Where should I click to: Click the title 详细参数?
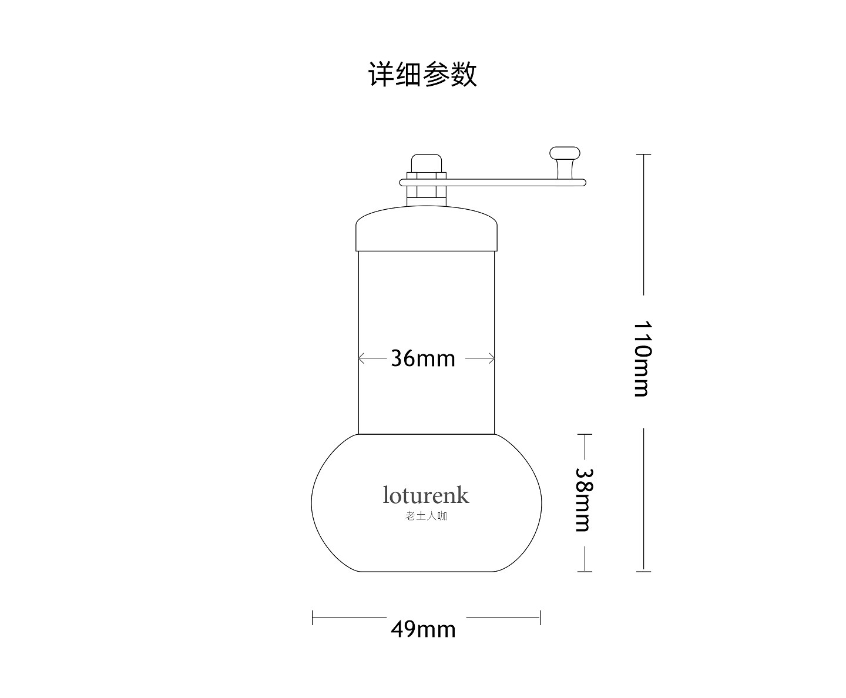tap(422, 75)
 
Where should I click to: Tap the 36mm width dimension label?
tap(423, 358)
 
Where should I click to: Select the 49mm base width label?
tap(423, 629)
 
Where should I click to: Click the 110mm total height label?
tap(643, 359)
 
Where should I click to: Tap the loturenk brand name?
tap(426, 495)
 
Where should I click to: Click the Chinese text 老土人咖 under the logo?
tap(427, 516)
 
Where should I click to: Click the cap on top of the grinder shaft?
tap(427, 162)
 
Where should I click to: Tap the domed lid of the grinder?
tap(427, 229)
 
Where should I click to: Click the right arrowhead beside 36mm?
tap(492, 358)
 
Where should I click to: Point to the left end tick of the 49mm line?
tap(313, 618)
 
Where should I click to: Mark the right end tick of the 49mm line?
tap(540, 618)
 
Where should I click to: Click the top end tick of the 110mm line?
tap(643, 154)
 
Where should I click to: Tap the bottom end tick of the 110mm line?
tap(643, 571)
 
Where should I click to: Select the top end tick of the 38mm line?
tap(585, 435)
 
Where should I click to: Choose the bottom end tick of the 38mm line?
tap(585, 571)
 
